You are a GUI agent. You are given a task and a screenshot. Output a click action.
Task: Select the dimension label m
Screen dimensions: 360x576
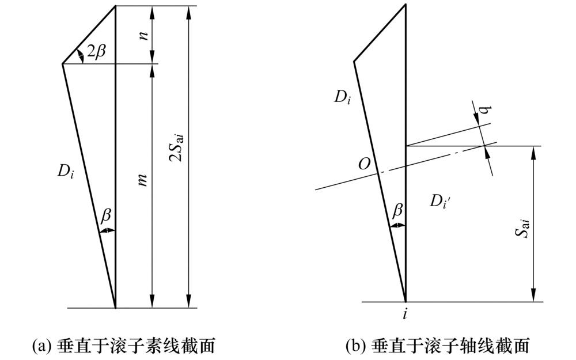click(x=145, y=179)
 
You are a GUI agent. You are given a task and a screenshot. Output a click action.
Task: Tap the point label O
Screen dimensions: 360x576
click(x=363, y=164)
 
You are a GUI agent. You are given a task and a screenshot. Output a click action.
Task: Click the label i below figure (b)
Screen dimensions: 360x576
click(x=406, y=314)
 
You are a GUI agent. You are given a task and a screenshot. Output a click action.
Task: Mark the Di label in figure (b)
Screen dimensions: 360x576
click(x=343, y=97)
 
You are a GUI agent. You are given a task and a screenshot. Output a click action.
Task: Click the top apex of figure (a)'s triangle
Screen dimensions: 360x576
click(x=115, y=6)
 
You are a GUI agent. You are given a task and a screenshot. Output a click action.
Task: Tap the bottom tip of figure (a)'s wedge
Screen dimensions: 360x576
click(x=115, y=308)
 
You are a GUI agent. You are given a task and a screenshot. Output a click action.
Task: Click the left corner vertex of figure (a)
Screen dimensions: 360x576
click(x=62, y=63)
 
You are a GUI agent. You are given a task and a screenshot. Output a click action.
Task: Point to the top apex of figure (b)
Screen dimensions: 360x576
click(x=406, y=5)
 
